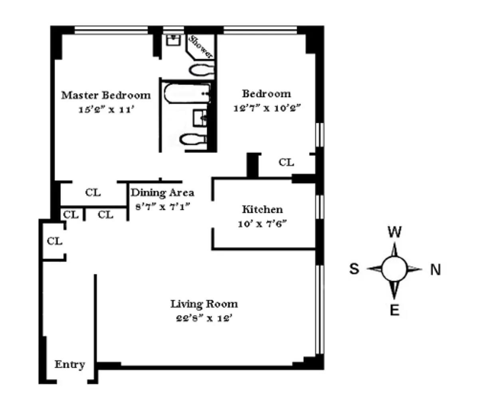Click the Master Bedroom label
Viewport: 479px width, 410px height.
pos(106,95)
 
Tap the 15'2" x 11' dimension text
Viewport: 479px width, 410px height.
pos(107,109)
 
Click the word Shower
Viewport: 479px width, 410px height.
pos(200,47)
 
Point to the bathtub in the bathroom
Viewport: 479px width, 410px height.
pos(187,93)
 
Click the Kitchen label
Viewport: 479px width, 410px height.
pos(262,209)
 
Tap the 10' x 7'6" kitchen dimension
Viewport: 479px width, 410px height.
pos(262,224)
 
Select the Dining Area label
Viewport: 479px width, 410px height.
pos(162,192)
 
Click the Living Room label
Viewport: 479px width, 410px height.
pos(204,304)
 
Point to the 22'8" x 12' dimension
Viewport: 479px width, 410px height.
pos(204,318)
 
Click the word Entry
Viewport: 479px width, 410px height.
pos(70,365)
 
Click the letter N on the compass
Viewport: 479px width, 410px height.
pos(435,270)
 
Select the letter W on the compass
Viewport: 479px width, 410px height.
pos(395,232)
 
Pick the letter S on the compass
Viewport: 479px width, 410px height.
pos(354,269)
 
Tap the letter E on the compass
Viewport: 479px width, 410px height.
pos(395,310)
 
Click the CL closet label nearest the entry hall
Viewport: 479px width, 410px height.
pos(55,241)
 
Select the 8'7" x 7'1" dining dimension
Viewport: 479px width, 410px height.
pos(163,206)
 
